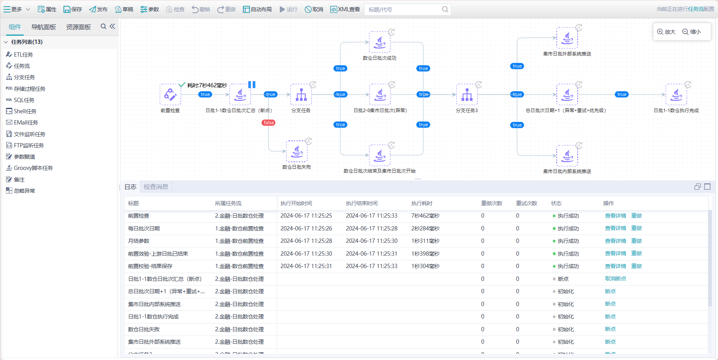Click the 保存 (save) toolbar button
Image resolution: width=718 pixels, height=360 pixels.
(72, 9)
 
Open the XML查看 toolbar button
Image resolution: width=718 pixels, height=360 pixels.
(345, 9)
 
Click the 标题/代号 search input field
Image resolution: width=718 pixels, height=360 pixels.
(403, 9)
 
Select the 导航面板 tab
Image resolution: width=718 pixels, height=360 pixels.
(43, 27)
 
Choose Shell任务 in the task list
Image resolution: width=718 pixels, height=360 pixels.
(25, 111)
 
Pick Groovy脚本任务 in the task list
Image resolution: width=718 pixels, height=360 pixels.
(33, 168)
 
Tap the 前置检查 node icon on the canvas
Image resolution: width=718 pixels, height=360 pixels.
(170, 94)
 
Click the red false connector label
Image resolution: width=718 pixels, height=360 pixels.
(269, 123)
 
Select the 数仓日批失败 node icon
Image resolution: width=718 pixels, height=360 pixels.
(297, 151)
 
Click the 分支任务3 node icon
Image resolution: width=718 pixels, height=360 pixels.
(467, 94)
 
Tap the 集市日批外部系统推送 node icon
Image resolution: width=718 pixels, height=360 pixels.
(567, 38)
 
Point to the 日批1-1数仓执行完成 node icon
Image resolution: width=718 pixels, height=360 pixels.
(676, 94)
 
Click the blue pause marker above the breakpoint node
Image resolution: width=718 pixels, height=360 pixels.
(252, 85)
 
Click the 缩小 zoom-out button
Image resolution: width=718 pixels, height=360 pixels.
(692, 32)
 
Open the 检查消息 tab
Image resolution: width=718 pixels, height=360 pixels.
(156, 187)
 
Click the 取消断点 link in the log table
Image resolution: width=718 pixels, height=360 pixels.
(615, 279)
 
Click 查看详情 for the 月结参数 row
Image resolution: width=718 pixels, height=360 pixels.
(615, 241)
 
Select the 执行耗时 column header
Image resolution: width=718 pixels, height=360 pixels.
(422, 203)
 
